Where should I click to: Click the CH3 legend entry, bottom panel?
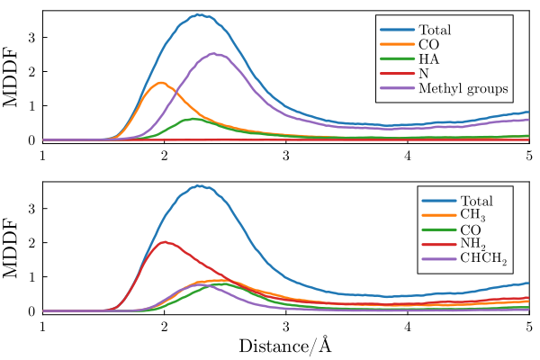[x=472, y=215]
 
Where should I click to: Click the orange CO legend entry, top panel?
[x=428, y=43]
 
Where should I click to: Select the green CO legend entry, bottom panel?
[x=471, y=230]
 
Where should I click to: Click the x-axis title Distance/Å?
[x=285, y=345]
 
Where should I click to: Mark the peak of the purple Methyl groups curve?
[x=213, y=53]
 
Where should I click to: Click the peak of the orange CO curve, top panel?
[x=162, y=83]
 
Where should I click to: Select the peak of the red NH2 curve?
[x=163, y=242]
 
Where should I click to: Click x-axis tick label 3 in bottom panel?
[x=285, y=325]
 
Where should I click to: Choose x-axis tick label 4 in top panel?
[x=408, y=154]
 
